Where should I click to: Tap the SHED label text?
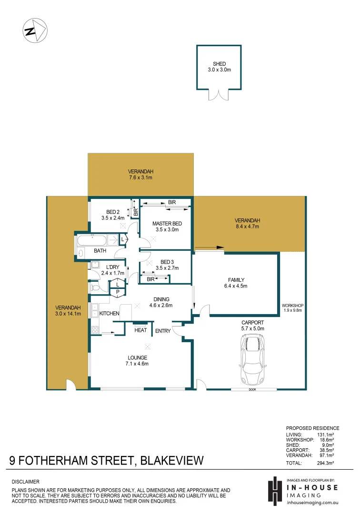click(219, 64)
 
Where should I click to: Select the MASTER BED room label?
click(167, 223)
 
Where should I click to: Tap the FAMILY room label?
click(236, 280)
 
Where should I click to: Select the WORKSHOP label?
click(292, 306)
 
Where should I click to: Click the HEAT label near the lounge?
click(140, 330)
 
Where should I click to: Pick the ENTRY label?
click(162, 331)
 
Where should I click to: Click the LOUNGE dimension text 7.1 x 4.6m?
click(137, 364)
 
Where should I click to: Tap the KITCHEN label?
click(109, 314)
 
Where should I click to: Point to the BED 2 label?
click(112, 212)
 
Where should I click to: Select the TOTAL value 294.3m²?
click(325, 463)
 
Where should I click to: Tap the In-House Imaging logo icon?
click(275, 490)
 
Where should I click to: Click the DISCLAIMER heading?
click(25, 482)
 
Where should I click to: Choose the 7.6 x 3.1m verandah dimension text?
click(140, 178)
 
